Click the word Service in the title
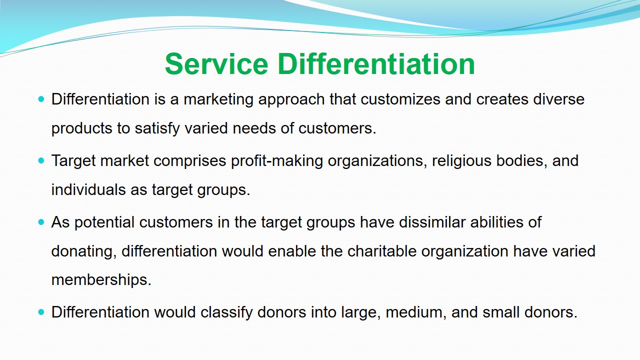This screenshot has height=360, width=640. (216, 64)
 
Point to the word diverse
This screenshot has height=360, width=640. (559, 99)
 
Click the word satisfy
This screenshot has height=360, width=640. (157, 129)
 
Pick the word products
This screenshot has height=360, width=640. (81, 129)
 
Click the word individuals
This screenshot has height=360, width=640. (88, 189)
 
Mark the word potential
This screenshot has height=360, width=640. (104, 223)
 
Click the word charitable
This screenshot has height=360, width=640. (381, 251)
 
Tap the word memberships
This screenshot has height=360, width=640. (101, 280)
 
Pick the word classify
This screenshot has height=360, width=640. (226, 312)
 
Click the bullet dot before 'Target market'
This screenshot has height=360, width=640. (41, 161)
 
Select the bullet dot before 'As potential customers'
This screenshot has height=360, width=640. (41, 222)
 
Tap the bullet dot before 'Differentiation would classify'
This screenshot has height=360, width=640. (41, 312)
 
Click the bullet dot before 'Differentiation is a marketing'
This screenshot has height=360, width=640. (41, 99)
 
